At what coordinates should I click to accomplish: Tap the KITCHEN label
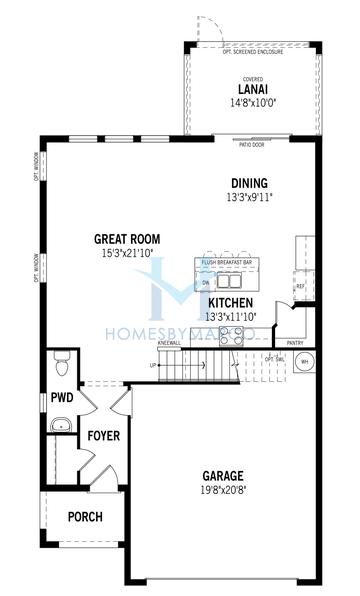tap(231, 302)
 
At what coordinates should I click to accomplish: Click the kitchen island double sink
tap(228, 282)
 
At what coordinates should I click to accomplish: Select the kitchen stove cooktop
tap(230, 337)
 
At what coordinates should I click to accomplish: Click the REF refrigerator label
tap(299, 286)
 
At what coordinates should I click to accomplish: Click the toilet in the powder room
tap(61, 367)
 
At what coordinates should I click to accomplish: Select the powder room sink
tap(61, 425)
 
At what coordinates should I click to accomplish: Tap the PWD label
tap(62, 397)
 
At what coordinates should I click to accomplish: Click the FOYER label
tap(103, 436)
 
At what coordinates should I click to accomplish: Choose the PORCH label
tap(85, 516)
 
